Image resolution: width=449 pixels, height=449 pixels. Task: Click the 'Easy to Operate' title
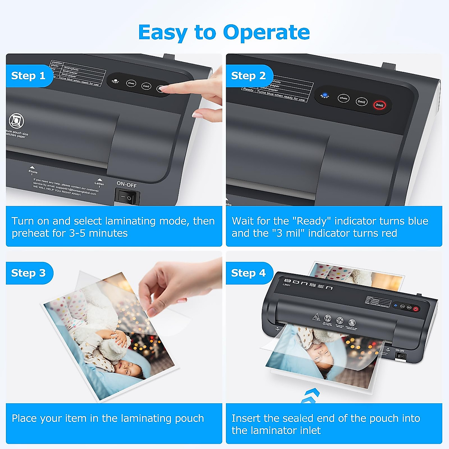224,32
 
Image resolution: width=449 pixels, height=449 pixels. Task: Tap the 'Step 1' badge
28,76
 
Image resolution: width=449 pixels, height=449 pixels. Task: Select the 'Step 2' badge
248,76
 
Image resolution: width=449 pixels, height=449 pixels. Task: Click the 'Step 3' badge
28,273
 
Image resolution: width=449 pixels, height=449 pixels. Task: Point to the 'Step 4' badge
248,273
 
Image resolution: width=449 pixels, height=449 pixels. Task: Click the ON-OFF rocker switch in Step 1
127,196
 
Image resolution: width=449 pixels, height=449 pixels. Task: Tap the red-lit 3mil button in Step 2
379,105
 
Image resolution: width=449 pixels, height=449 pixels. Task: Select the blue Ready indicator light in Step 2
325,95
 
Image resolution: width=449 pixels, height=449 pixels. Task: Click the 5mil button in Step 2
361,101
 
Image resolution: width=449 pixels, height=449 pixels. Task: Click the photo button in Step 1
131,83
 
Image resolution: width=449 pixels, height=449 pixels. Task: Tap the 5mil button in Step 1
146,86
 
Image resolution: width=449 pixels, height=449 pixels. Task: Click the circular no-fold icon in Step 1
16,121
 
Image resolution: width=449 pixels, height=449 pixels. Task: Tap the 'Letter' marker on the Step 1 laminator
100,182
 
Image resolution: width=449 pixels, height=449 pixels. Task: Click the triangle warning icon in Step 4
316,317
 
